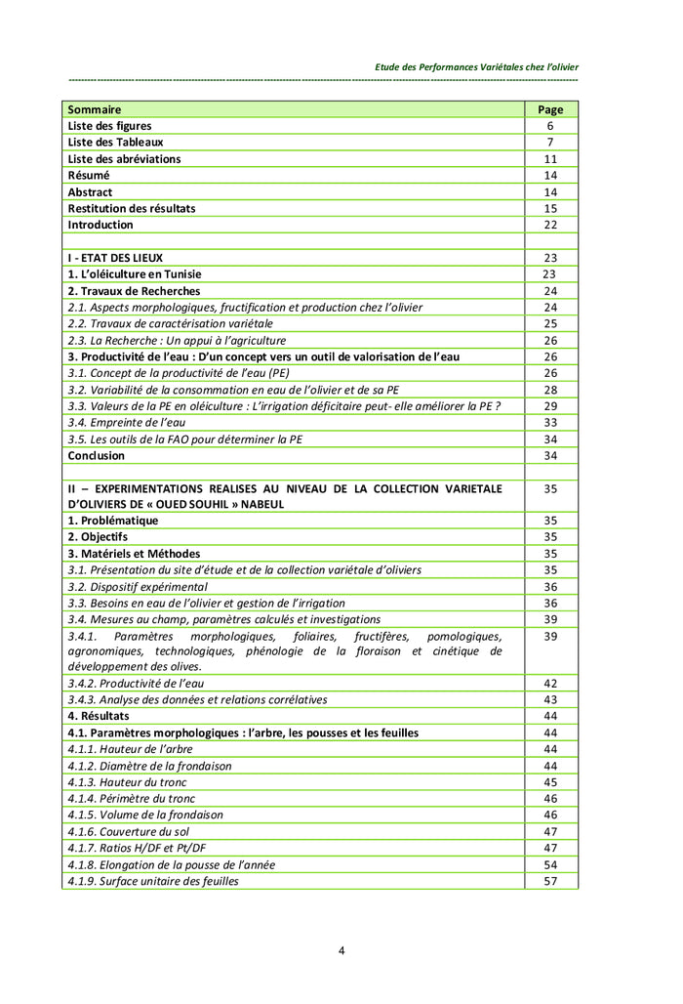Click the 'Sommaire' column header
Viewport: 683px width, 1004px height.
[95, 109]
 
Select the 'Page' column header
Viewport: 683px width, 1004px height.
[550, 110]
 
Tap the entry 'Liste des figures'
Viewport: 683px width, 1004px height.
[110, 126]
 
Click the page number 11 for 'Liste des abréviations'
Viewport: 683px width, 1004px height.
[550, 159]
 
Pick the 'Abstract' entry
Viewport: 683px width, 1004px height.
[90, 192]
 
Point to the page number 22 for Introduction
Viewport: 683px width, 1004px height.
[550, 225]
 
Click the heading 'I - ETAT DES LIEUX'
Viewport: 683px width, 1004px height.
[116, 258]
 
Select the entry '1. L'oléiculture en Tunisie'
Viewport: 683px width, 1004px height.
[135, 274]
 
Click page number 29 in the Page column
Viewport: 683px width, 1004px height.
[550, 406]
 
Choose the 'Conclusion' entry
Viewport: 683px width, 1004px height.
[97, 455]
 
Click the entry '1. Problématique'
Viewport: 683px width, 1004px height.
[112, 521]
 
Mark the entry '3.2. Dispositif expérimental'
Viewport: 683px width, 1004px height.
[138, 587]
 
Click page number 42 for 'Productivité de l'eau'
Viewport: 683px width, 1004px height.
[550, 684]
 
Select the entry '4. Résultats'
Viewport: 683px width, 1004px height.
[99, 716]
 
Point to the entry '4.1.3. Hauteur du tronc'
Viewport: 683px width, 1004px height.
[127, 782]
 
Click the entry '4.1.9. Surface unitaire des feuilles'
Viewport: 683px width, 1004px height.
[153, 881]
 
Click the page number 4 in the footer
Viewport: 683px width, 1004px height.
[341, 950]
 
